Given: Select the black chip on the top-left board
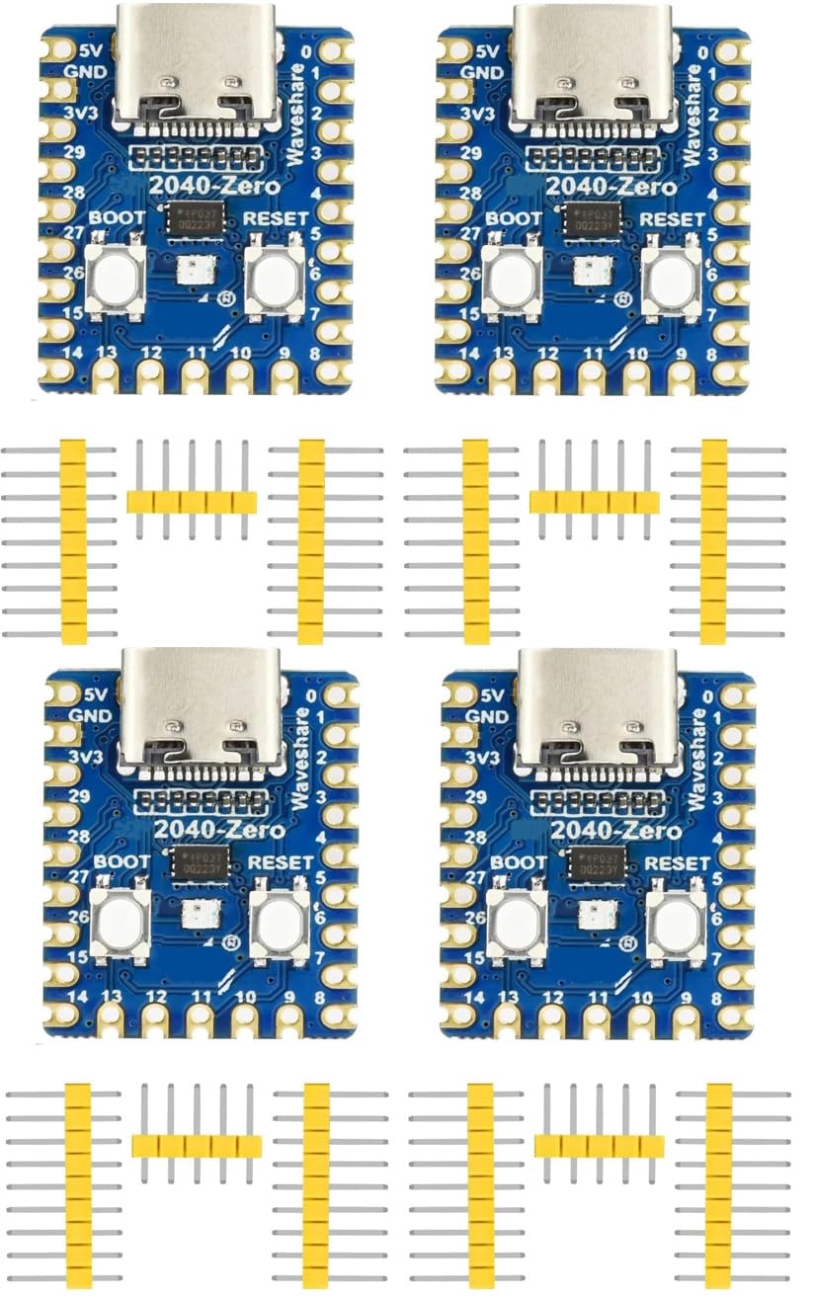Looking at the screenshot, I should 195,218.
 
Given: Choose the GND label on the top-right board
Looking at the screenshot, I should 483,71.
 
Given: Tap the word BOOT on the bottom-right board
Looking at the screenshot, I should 518,862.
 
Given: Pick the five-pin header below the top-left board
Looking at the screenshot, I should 191,502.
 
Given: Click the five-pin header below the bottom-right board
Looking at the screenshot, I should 599,1146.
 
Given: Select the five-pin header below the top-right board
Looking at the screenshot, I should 594,502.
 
